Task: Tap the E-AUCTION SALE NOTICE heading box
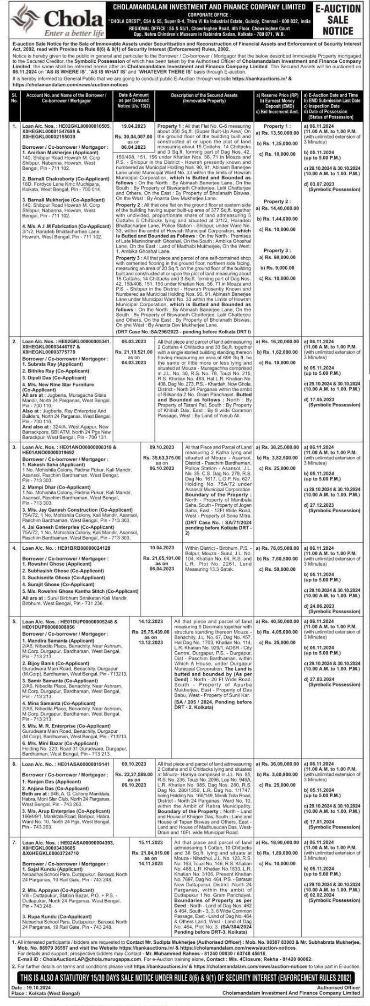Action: (x=338, y=20)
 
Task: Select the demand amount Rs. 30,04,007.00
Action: (x=133, y=136)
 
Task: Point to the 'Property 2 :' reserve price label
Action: (x=277, y=201)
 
